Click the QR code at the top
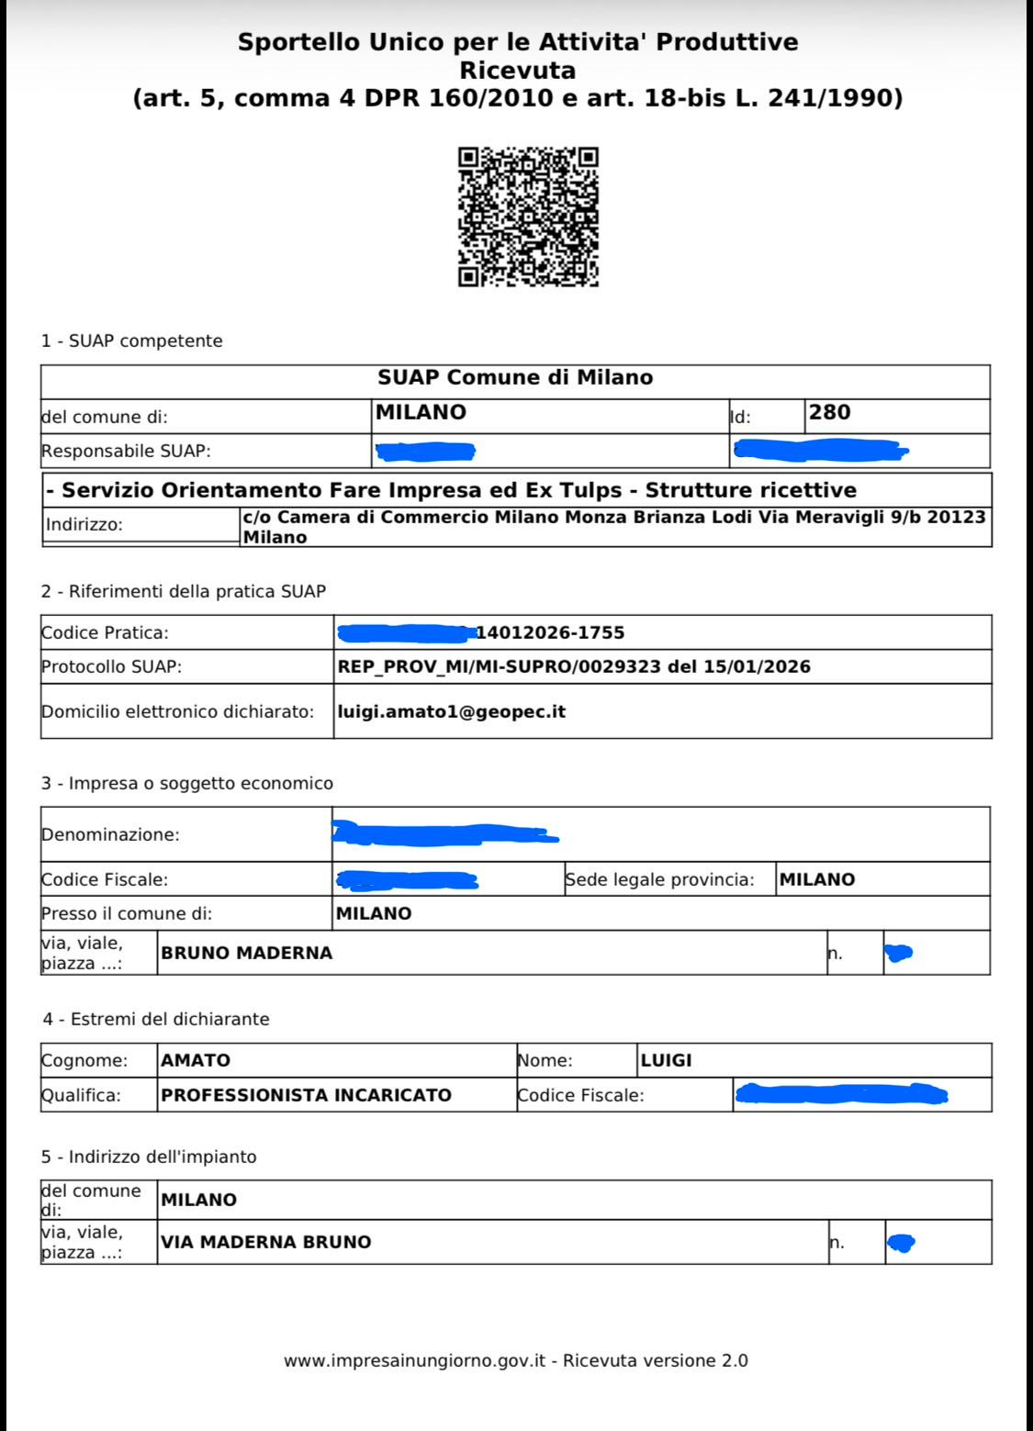[x=528, y=217]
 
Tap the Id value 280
[x=829, y=413]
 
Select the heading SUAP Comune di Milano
[x=515, y=377]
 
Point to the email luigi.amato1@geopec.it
[x=451, y=711]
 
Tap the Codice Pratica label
[x=105, y=632]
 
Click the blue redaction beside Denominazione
[x=445, y=833]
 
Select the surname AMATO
[x=196, y=1060]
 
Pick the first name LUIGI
[x=666, y=1060]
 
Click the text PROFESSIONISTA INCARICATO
[x=306, y=1095]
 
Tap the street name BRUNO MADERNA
[x=246, y=953]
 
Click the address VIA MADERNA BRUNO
[x=265, y=1242]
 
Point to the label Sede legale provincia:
[x=659, y=879]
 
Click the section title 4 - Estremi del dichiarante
[x=155, y=1019]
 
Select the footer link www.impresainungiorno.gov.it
[x=416, y=1361]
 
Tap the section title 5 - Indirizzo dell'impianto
[x=149, y=1157]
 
